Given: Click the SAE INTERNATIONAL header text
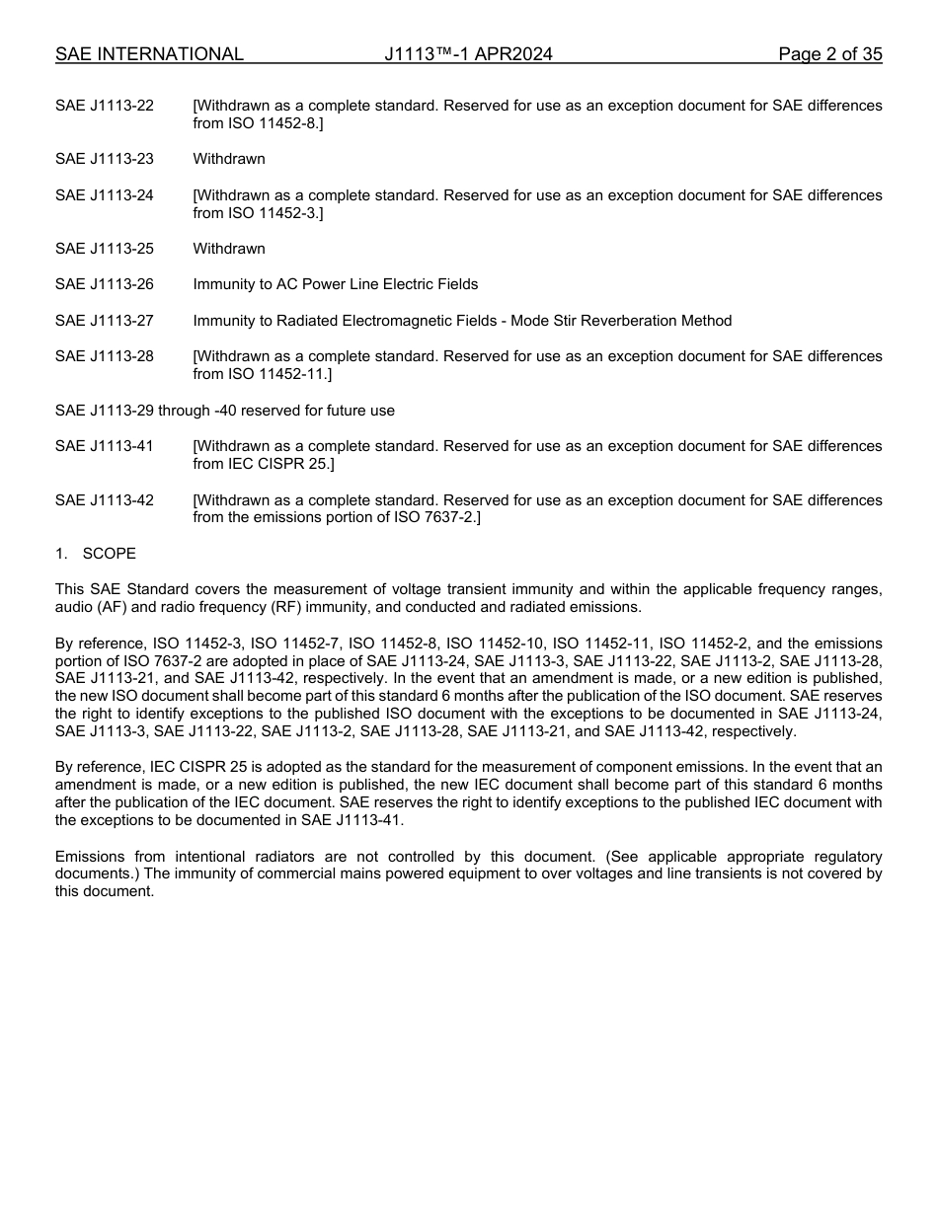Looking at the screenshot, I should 149,54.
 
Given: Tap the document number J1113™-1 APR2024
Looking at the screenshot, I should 468,54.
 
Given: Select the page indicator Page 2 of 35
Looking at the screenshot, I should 829,54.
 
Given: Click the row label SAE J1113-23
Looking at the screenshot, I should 105,159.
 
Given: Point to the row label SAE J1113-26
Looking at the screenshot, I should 105,284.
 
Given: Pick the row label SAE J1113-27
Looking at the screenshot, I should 105,321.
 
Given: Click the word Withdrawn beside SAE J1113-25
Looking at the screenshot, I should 229,249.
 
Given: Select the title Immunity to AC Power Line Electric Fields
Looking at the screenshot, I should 335,284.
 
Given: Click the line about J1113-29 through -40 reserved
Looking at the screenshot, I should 225,411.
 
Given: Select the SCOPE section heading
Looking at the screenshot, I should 110,554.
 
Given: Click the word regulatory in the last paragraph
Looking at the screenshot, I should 844,857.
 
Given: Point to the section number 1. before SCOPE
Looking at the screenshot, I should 61,554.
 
